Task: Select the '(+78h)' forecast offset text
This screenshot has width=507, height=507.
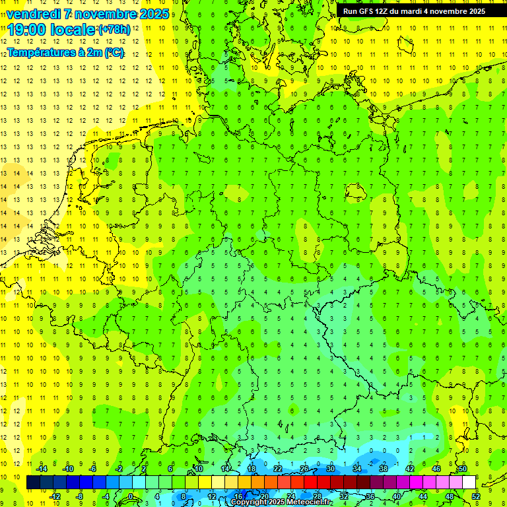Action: click(114, 30)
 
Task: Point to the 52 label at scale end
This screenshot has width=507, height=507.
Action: click(476, 496)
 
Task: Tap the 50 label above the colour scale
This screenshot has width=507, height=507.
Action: click(463, 469)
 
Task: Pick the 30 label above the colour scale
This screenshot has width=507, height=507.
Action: click(331, 469)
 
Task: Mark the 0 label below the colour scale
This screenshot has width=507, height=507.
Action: click(131, 496)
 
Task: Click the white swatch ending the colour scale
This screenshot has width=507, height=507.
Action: click(469, 483)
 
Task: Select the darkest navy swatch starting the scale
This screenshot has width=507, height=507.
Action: click(33, 483)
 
